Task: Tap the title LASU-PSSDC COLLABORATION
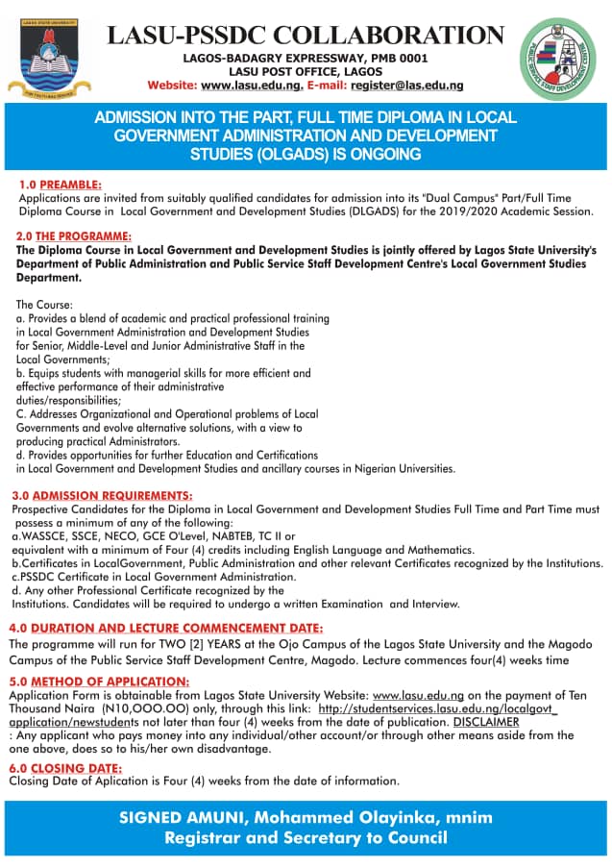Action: tap(305, 36)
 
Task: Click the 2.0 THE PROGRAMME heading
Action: tap(74, 236)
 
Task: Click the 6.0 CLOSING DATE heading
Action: tap(65, 767)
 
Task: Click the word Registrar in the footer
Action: tap(208, 838)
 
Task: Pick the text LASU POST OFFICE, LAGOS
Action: tap(305, 71)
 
